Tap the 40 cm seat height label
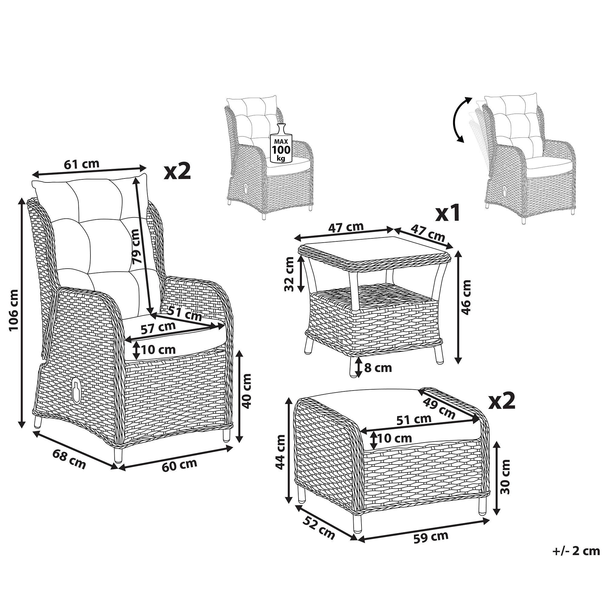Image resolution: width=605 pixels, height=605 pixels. [247, 391]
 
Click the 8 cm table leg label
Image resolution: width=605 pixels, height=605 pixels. [378, 368]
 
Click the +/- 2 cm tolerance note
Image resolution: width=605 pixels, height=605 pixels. [576, 559]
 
